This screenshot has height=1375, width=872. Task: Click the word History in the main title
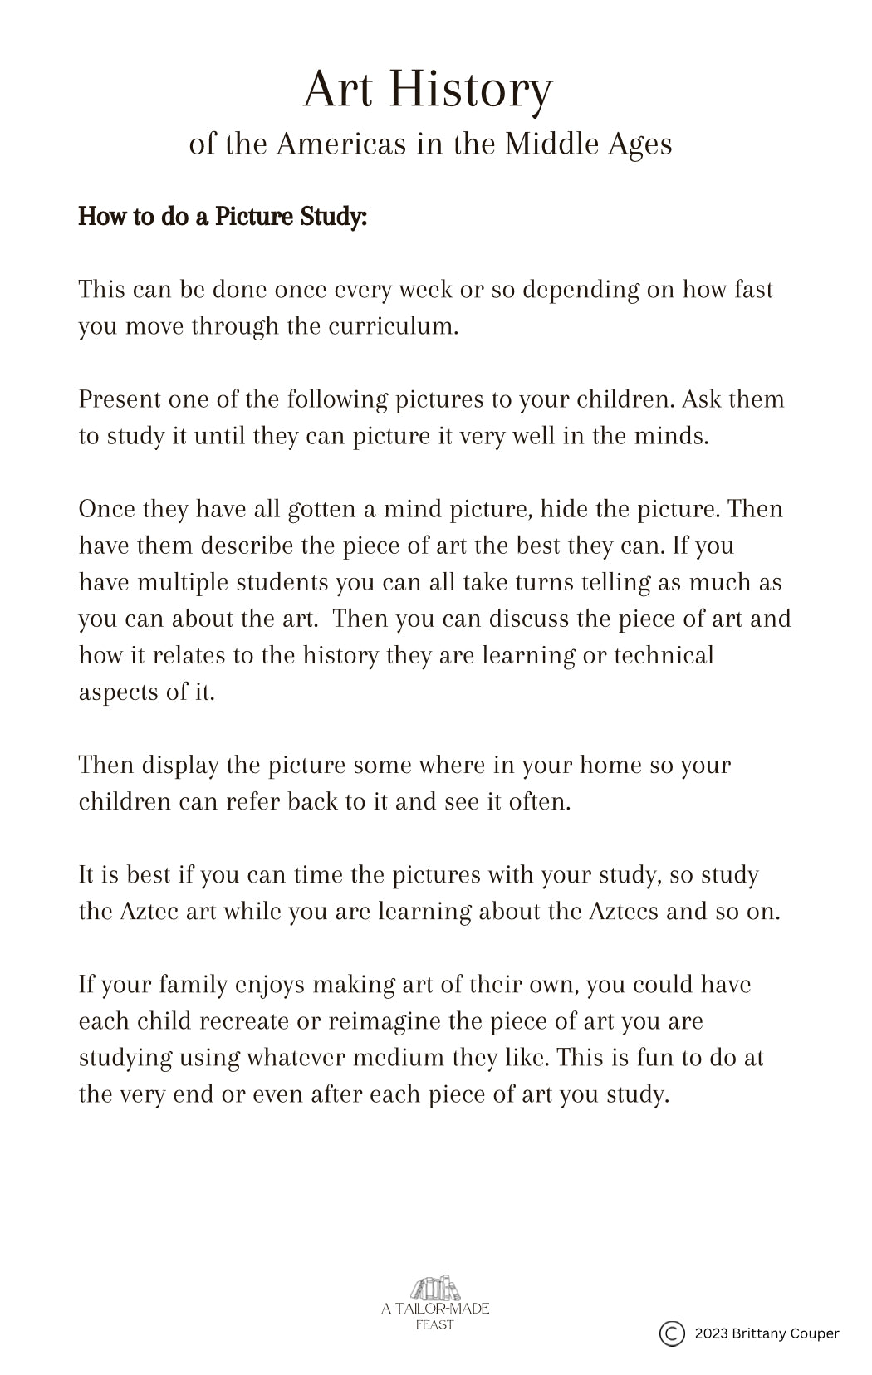(470, 90)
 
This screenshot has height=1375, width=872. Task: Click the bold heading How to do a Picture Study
(223, 217)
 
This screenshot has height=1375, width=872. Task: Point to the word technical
(664, 654)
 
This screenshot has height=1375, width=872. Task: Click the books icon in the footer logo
(435, 1289)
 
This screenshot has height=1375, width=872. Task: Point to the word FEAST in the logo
(435, 1325)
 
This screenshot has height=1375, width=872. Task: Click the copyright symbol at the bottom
(672, 1333)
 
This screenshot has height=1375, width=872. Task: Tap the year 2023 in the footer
(712, 1333)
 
